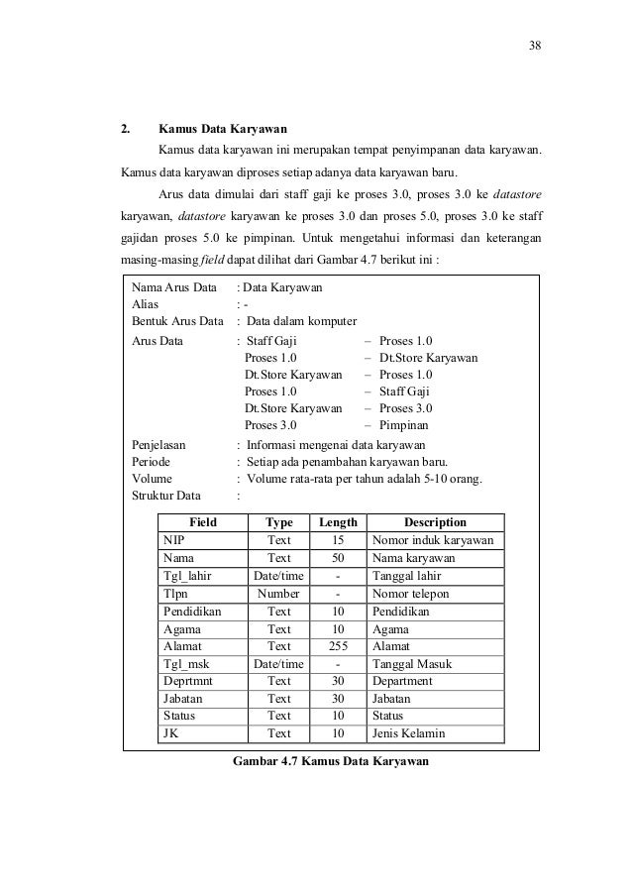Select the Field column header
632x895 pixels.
point(202,522)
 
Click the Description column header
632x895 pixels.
point(435,522)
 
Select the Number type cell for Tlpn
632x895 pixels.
point(278,594)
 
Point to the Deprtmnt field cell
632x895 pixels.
point(188,681)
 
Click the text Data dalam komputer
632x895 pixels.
point(302,321)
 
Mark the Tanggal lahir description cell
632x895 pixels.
point(408,576)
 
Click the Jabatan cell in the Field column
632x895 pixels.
point(184,699)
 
